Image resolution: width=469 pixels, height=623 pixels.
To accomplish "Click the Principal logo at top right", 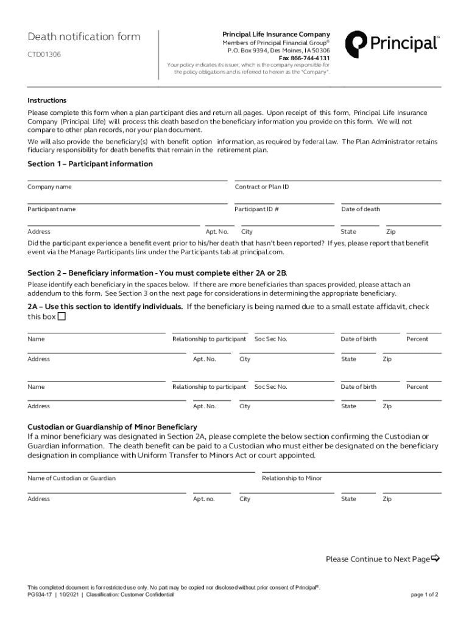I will (391, 44).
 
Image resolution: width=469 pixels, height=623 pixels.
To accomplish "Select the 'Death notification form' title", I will (84, 37).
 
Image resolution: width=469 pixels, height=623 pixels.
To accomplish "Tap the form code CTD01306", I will (44, 55).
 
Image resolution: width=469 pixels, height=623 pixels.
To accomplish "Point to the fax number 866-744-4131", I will (305, 58).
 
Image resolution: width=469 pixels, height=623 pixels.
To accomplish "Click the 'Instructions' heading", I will (47, 100).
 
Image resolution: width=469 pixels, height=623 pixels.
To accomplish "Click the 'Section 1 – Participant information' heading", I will (90, 164).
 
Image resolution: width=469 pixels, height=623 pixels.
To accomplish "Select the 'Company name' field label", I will (49, 187).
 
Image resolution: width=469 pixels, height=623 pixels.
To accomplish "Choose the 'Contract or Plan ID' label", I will (262, 187).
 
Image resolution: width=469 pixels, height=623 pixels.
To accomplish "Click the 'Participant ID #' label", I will (256, 209).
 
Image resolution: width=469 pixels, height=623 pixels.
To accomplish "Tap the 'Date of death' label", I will (360, 209).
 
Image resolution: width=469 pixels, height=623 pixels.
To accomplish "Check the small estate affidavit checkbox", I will (62, 317).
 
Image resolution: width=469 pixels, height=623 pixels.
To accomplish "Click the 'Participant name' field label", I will (52, 209).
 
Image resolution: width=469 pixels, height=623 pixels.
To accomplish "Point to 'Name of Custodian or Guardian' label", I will (71, 478).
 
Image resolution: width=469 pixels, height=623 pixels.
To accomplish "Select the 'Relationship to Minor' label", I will (292, 478).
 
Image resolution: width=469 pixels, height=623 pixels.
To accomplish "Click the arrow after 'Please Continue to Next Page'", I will (435, 559).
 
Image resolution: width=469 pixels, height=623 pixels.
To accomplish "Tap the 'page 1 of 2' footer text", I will (425, 594).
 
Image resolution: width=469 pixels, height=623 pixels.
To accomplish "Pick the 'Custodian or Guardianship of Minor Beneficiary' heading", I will (112, 427).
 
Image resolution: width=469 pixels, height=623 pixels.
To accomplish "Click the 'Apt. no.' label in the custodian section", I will (204, 499).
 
